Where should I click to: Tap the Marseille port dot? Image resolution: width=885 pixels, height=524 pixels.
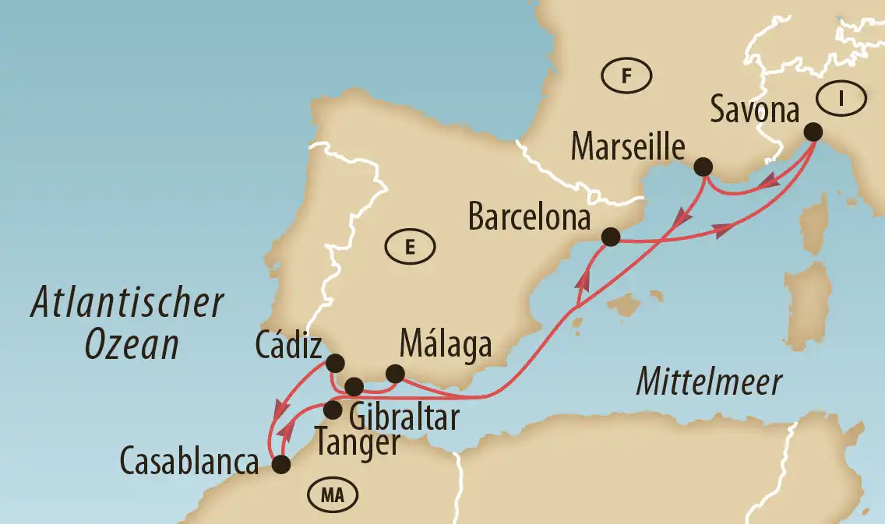(x=703, y=167)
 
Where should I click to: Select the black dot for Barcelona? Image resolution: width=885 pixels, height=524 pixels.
(x=612, y=236)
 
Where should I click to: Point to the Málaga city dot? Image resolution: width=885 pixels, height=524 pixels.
(x=396, y=373)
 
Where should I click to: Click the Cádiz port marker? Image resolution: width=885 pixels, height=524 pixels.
(x=336, y=363)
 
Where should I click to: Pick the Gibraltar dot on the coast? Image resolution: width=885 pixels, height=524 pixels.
(x=354, y=385)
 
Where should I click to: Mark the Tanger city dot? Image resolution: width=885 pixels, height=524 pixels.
(x=333, y=410)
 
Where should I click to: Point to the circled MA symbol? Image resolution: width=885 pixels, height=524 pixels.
(x=332, y=494)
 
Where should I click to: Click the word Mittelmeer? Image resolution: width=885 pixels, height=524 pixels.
(x=708, y=382)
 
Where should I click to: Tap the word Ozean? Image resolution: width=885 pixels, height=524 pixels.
(x=132, y=344)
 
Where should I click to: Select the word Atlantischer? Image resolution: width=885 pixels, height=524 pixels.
(x=128, y=304)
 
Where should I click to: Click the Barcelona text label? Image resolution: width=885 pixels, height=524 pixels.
(x=529, y=218)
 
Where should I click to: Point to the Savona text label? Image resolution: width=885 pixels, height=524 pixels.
(x=756, y=111)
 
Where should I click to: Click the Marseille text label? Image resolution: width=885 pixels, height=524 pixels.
(x=628, y=146)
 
